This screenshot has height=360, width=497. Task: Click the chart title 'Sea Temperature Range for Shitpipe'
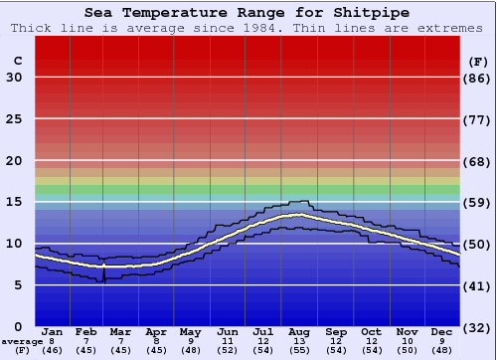[x=248, y=13]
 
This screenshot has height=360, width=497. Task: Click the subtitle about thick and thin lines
[x=248, y=28]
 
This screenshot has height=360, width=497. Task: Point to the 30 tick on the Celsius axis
[x=14, y=78]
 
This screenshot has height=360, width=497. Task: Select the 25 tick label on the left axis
[x=14, y=119]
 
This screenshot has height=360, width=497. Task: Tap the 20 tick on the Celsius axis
[x=14, y=161]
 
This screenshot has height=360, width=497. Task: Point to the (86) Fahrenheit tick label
[x=478, y=78]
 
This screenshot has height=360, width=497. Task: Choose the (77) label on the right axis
[x=478, y=119]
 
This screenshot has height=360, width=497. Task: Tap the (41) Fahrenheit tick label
[x=478, y=285]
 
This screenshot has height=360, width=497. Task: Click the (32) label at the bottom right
[x=478, y=327]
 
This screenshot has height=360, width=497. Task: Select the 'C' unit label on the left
[x=17, y=61]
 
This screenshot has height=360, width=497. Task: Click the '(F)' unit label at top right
[x=478, y=61]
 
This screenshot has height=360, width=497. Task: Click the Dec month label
[x=442, y=331]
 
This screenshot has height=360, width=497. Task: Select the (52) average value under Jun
[x=229, y=350]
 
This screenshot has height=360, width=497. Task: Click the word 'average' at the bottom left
[x=22, y=340]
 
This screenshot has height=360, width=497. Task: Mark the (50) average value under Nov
[x=407, y=350]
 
